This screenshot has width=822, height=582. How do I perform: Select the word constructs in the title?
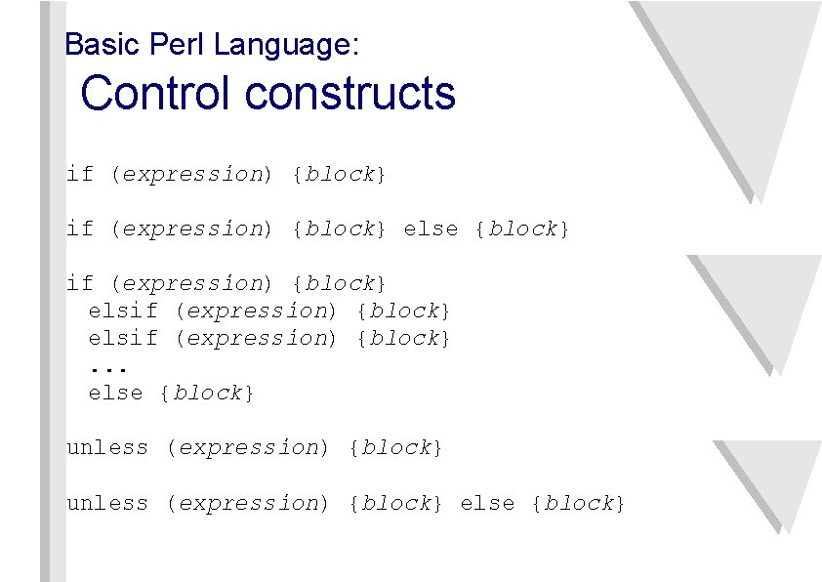tap(350, 94)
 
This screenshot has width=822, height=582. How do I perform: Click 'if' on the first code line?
tap(79, 175)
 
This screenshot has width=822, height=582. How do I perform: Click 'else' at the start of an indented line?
tap(115, 394)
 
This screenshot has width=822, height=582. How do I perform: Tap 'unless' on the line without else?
tap(106, 448)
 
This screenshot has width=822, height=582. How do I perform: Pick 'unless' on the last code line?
tap(106, 504)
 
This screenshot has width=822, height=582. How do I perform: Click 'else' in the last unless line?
tap(486, 504)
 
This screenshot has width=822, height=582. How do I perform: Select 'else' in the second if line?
tap(431, 229)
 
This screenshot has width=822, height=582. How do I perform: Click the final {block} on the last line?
tap(577, 504)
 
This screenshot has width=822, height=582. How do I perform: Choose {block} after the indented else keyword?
tap(208, 394)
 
